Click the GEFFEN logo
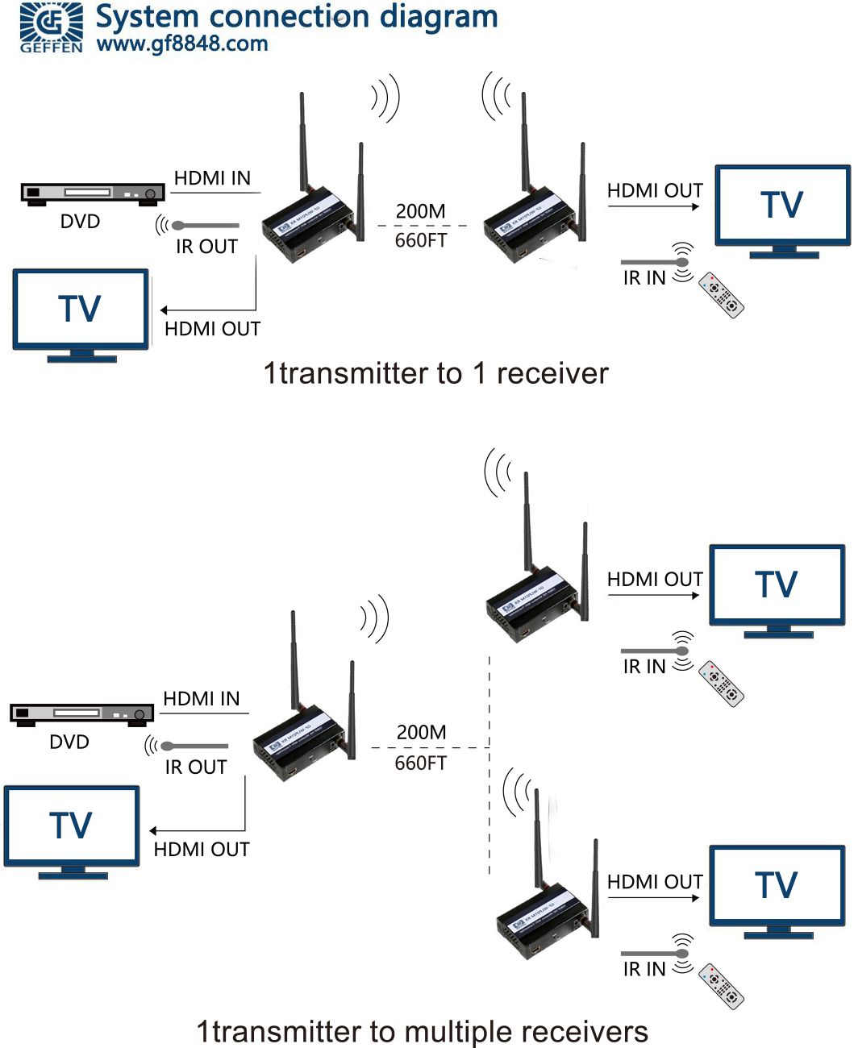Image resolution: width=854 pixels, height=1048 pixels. click(51, 27)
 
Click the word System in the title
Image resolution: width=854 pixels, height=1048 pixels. click(147, 16)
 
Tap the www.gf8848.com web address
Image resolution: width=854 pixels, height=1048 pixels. click(182, 44)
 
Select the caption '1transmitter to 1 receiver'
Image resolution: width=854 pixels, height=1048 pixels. click(435, 373)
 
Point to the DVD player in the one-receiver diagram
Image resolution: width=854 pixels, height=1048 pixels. click(92, 193)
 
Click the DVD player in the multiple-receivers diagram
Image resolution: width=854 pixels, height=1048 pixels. click(81, 713)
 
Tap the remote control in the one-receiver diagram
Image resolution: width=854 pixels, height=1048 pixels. click(720, 295)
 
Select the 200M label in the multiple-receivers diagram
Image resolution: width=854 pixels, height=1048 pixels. click(421, 732)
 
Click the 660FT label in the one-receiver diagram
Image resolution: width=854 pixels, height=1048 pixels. click(420, 240)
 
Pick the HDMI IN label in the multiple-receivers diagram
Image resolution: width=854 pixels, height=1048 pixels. click(202, 699)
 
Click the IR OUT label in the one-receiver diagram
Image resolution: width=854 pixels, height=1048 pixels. click(206, 247)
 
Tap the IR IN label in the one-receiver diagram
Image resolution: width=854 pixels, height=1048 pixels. click(644, 278)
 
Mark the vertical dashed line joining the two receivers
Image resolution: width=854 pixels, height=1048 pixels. click(489, 766)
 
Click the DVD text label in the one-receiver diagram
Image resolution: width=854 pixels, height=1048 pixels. click(80, 222)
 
